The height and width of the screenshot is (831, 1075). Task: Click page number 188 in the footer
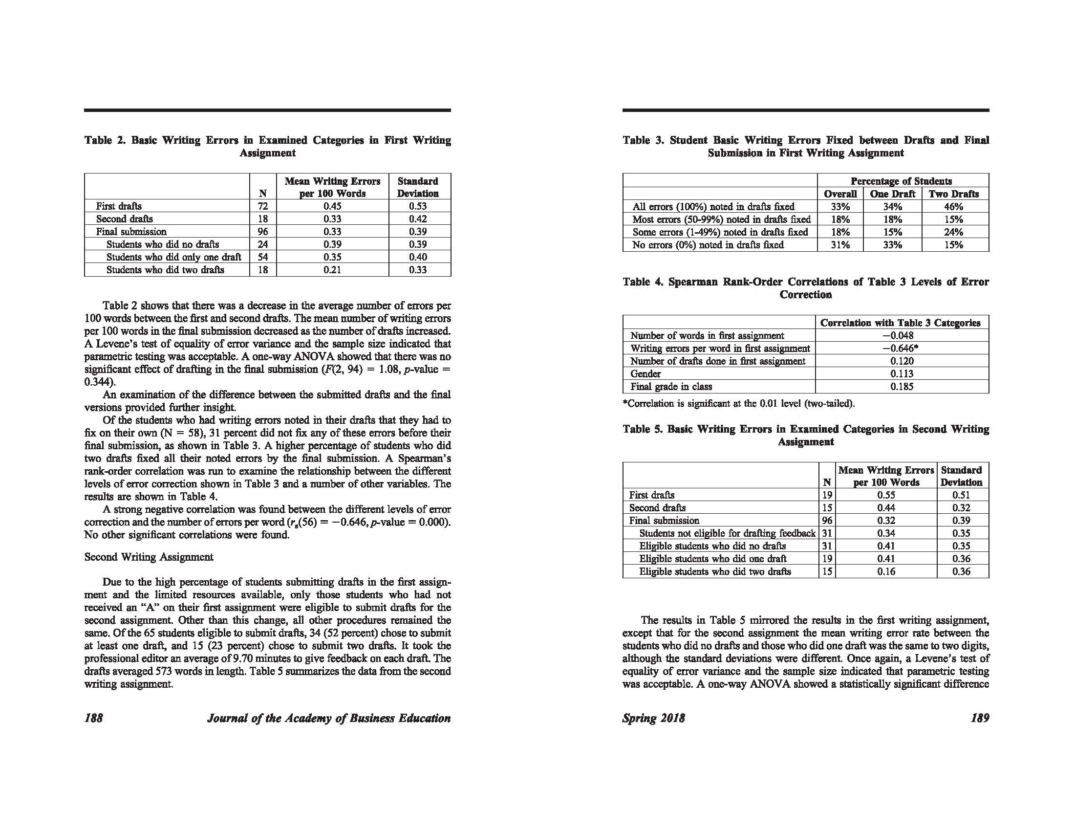93,718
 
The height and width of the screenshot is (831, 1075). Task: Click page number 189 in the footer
980,718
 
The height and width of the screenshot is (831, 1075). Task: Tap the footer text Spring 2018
653,718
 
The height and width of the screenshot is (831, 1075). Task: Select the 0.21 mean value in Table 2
332,270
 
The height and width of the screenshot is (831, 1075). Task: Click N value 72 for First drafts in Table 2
263,206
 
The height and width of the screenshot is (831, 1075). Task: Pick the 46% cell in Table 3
953,207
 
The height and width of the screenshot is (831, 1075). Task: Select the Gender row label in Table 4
645,373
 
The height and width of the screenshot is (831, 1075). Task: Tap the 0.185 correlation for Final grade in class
901,387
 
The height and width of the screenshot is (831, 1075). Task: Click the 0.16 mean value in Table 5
886,571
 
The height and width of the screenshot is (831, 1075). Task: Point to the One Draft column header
892,194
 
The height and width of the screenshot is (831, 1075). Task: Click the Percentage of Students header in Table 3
901,181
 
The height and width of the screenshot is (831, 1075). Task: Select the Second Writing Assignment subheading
149,557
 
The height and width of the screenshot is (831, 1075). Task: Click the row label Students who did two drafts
165,270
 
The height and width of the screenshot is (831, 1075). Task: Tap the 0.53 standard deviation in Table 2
418,206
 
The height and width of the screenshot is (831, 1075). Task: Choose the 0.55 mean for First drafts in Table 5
886,495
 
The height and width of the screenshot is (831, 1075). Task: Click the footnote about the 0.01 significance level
738,404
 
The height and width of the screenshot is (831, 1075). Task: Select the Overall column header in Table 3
840,194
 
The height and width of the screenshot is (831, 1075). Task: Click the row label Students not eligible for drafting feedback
727,533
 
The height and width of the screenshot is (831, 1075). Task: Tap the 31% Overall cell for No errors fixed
840,245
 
